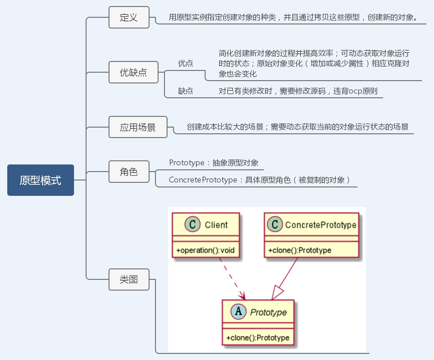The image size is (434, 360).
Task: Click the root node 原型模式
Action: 41,180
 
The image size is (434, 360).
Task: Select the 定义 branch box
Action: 129,17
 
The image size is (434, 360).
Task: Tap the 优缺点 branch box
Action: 133,72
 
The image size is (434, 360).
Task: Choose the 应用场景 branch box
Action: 138,127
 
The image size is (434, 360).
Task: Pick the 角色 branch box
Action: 129,172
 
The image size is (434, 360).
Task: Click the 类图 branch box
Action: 129,280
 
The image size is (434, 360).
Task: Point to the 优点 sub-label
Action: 186,63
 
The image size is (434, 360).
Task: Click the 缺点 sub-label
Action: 186,91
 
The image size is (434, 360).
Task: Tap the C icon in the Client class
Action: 192,224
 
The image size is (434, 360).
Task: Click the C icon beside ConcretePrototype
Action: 275,224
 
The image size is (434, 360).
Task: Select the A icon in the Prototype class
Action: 238,311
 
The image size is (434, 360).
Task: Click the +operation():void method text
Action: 205,250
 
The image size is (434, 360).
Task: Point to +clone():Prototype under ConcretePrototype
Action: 300,250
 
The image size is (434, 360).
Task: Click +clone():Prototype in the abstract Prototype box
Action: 258,338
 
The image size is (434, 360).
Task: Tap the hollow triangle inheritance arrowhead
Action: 278,293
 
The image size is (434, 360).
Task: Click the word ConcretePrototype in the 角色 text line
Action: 203,180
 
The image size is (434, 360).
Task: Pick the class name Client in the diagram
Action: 216,225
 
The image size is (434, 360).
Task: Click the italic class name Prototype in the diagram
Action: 269,312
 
